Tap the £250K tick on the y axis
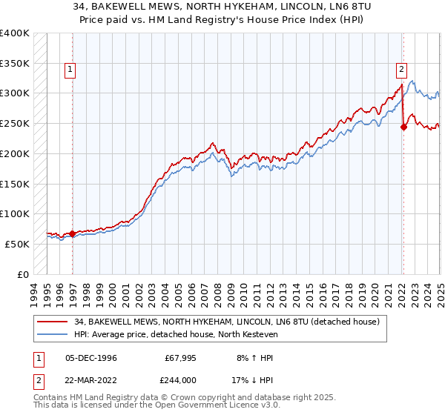(x=15, y=123)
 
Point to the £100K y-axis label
(x=15, y=213)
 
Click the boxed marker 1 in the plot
(x=70, y=70)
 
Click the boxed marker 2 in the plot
(x=401, y=70)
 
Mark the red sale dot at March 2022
(x=403, y=127)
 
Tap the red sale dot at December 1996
(x=73, y=233)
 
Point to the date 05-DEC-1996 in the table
(x=90, y=358)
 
